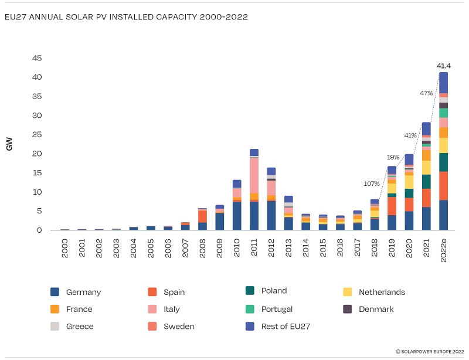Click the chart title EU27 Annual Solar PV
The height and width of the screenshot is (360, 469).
tap(125, 17)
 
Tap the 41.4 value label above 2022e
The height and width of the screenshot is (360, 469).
tap(443, 66)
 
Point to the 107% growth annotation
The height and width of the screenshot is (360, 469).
tap(371, 184)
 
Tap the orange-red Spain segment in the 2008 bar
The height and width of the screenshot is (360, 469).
tap(202, 216)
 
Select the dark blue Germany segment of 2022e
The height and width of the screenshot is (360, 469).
tap(443, 215)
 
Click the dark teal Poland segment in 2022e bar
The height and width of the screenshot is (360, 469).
tap(443, 162)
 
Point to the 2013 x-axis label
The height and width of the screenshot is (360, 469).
tap(288, 246)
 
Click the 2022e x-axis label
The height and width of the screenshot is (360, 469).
tap(444, 249)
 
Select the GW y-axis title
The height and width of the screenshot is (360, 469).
tap(9, 144)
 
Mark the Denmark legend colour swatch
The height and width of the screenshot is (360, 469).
tap(347, 309)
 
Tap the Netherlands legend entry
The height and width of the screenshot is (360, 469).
tap(381, 292)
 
